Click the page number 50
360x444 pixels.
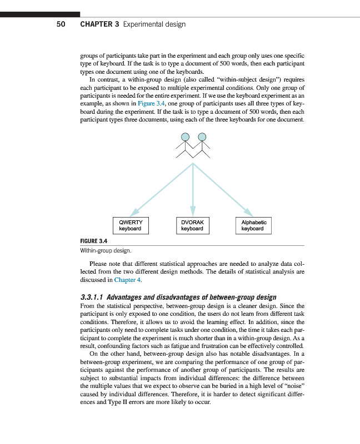pos(61,24)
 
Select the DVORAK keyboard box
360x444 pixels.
pos(192,225)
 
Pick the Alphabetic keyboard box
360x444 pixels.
pos(254,225)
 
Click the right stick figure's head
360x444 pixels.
pos(202,137)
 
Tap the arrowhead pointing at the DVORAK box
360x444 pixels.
pos(193,211)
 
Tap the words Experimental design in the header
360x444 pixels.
pos(154,24)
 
